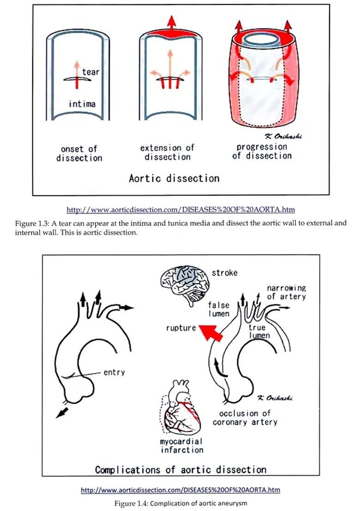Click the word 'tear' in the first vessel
tap(90, 72)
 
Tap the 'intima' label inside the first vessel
tap(82, 104)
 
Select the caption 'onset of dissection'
tap(79, 154)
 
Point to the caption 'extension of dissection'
tap(168, 152)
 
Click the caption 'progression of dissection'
tap(262, 151)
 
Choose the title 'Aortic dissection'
tap(174, 178)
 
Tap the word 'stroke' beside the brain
tap(224, 273)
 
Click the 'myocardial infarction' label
tap(182, 446)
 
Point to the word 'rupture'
tap(181, 328)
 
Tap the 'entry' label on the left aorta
tap(114, 372)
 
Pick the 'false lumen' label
tap(219, 309)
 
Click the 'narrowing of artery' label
tap(286, 292)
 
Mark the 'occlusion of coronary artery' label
tap(245, 417)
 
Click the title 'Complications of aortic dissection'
tap(180, 470)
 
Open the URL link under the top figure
tap(180, 210)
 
